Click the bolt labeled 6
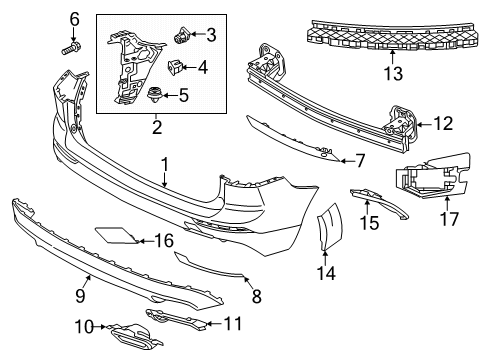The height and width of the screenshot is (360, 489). click(x=71, y=48)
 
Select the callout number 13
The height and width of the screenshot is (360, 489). click(x=393, y=74)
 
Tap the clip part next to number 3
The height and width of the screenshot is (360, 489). click(x=182, y=35)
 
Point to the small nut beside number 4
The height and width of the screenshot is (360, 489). click(x=175, y=67)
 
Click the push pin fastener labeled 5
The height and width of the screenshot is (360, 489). click(x=155, y=94)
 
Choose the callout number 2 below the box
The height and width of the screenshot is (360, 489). click(x=157, y=127)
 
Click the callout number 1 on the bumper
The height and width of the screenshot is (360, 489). click(x=164, y=165)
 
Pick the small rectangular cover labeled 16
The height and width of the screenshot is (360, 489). click(x=116, y=235)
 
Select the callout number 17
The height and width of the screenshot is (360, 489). click(x=449, y=219)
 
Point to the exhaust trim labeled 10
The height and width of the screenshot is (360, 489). click(x=133, y=334)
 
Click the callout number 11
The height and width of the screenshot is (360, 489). click(x=233, y=323)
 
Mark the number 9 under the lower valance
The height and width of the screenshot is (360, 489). click(x=80, y=295)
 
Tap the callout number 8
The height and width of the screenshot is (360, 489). click(x=256, y=296)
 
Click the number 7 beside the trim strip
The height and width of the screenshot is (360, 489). click(x=360, y=161)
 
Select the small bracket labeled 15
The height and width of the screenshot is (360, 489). click(x=379, y=202)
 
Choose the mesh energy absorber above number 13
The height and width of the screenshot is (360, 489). click(x=393, y=35)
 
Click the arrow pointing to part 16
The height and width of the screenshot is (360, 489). click(x=145, y=241)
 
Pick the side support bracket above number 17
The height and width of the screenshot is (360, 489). click(x=433, y=176)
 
